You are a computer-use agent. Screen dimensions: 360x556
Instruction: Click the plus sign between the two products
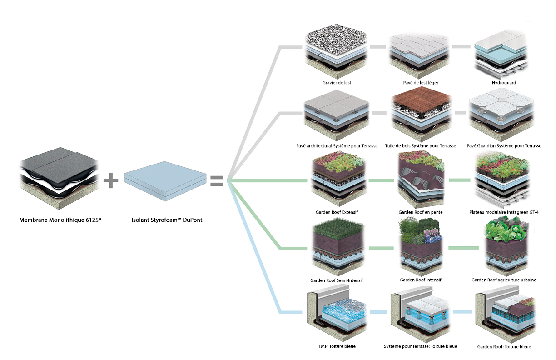tap(111, 180)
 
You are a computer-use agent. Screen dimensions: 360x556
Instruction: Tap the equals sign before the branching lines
tap(216, 180)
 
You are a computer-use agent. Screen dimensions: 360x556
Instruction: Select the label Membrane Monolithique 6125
tap(60, 220)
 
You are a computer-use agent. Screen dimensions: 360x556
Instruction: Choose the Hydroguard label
tap(504, 83)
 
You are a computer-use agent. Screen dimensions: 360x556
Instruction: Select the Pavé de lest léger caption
tap(421, 83)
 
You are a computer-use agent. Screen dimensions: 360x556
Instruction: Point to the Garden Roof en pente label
tap(421, 212)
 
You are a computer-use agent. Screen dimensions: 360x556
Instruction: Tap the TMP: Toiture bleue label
tap(337, 346)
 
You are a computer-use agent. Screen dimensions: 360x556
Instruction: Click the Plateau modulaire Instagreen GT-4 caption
tap(504, 212)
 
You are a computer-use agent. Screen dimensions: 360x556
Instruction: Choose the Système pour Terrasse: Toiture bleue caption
tap(421, 346)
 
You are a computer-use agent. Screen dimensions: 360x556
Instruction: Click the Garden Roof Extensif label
tap(337, 212)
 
